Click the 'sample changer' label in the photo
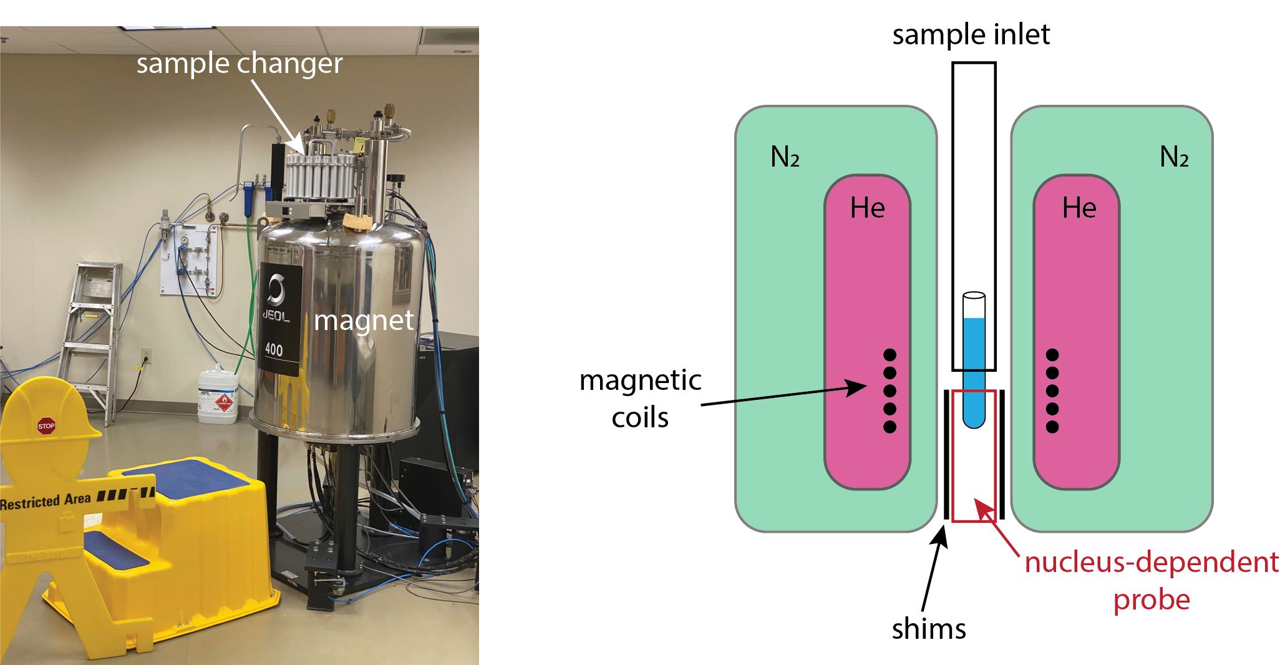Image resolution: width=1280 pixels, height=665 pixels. pyautogui.click(x=240, y=64)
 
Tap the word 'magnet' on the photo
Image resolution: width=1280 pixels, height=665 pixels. pyautogui.click(x=363, y=321)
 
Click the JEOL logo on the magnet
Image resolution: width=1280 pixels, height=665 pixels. pyautogui.click(x=276, y=300)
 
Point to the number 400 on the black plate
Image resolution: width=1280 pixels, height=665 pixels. pyautogui.click(x=274, y=349)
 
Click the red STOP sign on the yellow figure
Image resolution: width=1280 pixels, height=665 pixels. pyautogui.click(x=46, y=426)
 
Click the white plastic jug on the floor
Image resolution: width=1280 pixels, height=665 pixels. pyautogui.click(x=217, y=397)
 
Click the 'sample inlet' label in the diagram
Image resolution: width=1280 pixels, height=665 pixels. pyautogui.click(x=971, y=34)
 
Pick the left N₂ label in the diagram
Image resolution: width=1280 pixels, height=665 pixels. pyautogui.click(x=785, y=157)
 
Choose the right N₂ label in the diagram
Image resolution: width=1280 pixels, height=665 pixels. pyautogui.click(x=1174, y=157)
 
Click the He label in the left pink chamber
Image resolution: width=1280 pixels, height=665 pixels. pyautogui.click(x=867, y=208)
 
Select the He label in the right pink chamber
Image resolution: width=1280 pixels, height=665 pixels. pyautogui.click(x=1079, y=208)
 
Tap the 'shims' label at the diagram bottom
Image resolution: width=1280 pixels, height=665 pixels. pyautogui.click(x=928, y=629)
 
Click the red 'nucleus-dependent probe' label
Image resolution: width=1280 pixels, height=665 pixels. pyautogui.click(x=1152, y=580)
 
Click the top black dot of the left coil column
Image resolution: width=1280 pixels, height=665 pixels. pyautogui.click(x=890, y=355)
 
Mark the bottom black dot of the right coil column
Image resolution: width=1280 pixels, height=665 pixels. pyautogui.click(x=1052, y=427)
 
